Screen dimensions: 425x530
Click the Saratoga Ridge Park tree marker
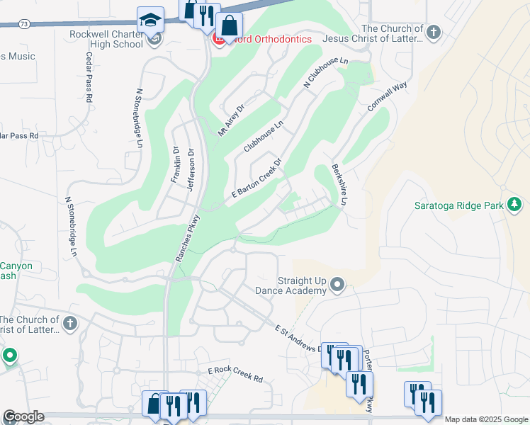coord(514,205)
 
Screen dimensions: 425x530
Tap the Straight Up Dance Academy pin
coord(337,285)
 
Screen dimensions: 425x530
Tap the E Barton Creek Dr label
coord(256,179)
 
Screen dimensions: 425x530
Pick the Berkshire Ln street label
coord(339,186)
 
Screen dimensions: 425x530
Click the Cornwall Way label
coord(388,96)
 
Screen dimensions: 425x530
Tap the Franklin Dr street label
coord(175,164)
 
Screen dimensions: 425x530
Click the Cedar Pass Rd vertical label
coord(89,77)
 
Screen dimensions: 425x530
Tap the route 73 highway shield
coord(24,23)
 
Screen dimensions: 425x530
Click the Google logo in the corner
coord(23,416)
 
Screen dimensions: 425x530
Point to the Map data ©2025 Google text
coord(486,419)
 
